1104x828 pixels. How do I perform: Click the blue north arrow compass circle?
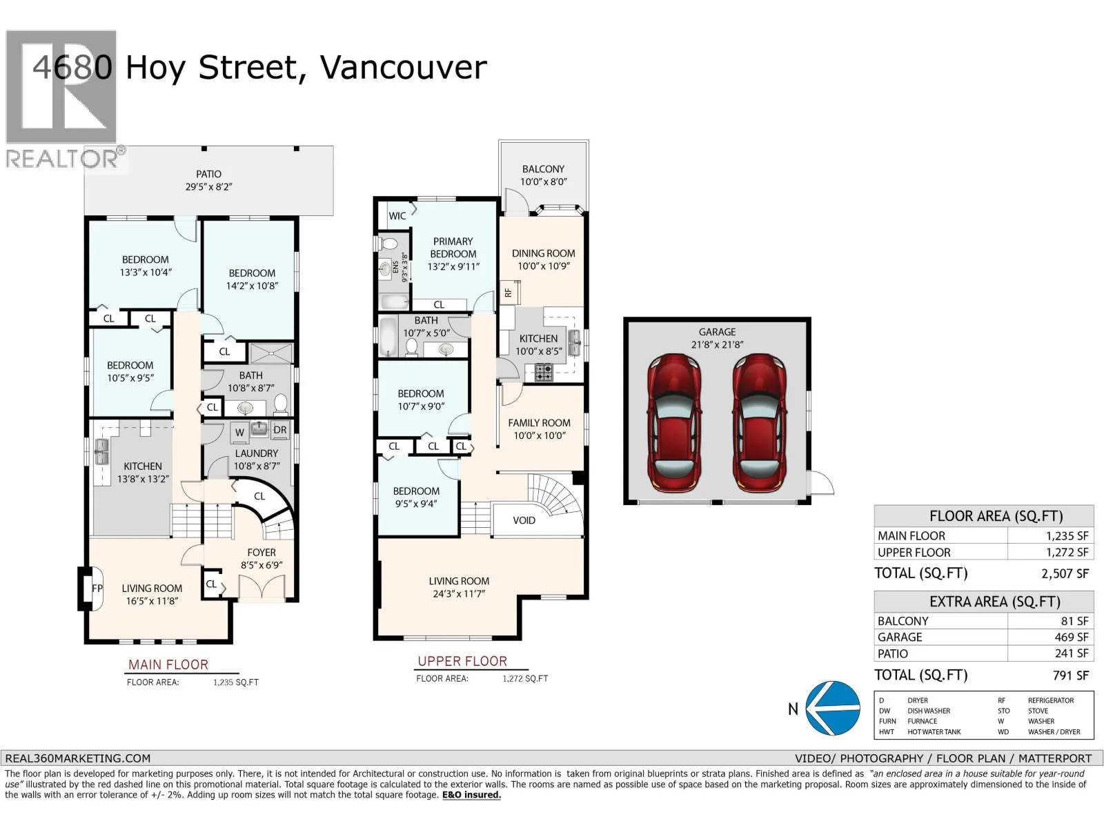(833, 708)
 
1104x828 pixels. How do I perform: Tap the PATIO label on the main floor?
(208, 174)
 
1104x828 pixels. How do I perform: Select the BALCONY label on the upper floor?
(543, 169)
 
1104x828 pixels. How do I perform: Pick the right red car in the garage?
(760, 423)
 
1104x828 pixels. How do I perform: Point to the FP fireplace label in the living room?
(97, 588)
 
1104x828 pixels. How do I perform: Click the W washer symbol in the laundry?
(240, 433)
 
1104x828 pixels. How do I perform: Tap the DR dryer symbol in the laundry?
(280, 430)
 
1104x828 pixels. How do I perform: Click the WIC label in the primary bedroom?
(397, 216)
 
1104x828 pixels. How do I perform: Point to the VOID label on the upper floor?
(524, 520)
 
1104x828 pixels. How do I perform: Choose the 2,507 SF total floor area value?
(1065, 573)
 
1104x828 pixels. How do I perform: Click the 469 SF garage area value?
(1072, 638)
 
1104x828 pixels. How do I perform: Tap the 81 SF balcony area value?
(1075, 622)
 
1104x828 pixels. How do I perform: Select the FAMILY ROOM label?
(539, 423)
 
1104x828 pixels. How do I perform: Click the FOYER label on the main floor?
(262, 552)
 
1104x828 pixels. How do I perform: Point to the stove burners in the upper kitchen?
(544, 373)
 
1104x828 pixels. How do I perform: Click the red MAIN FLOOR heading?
(168, 664)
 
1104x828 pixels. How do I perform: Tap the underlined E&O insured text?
(472, 795)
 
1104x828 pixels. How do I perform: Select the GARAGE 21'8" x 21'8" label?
(717, 338)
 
